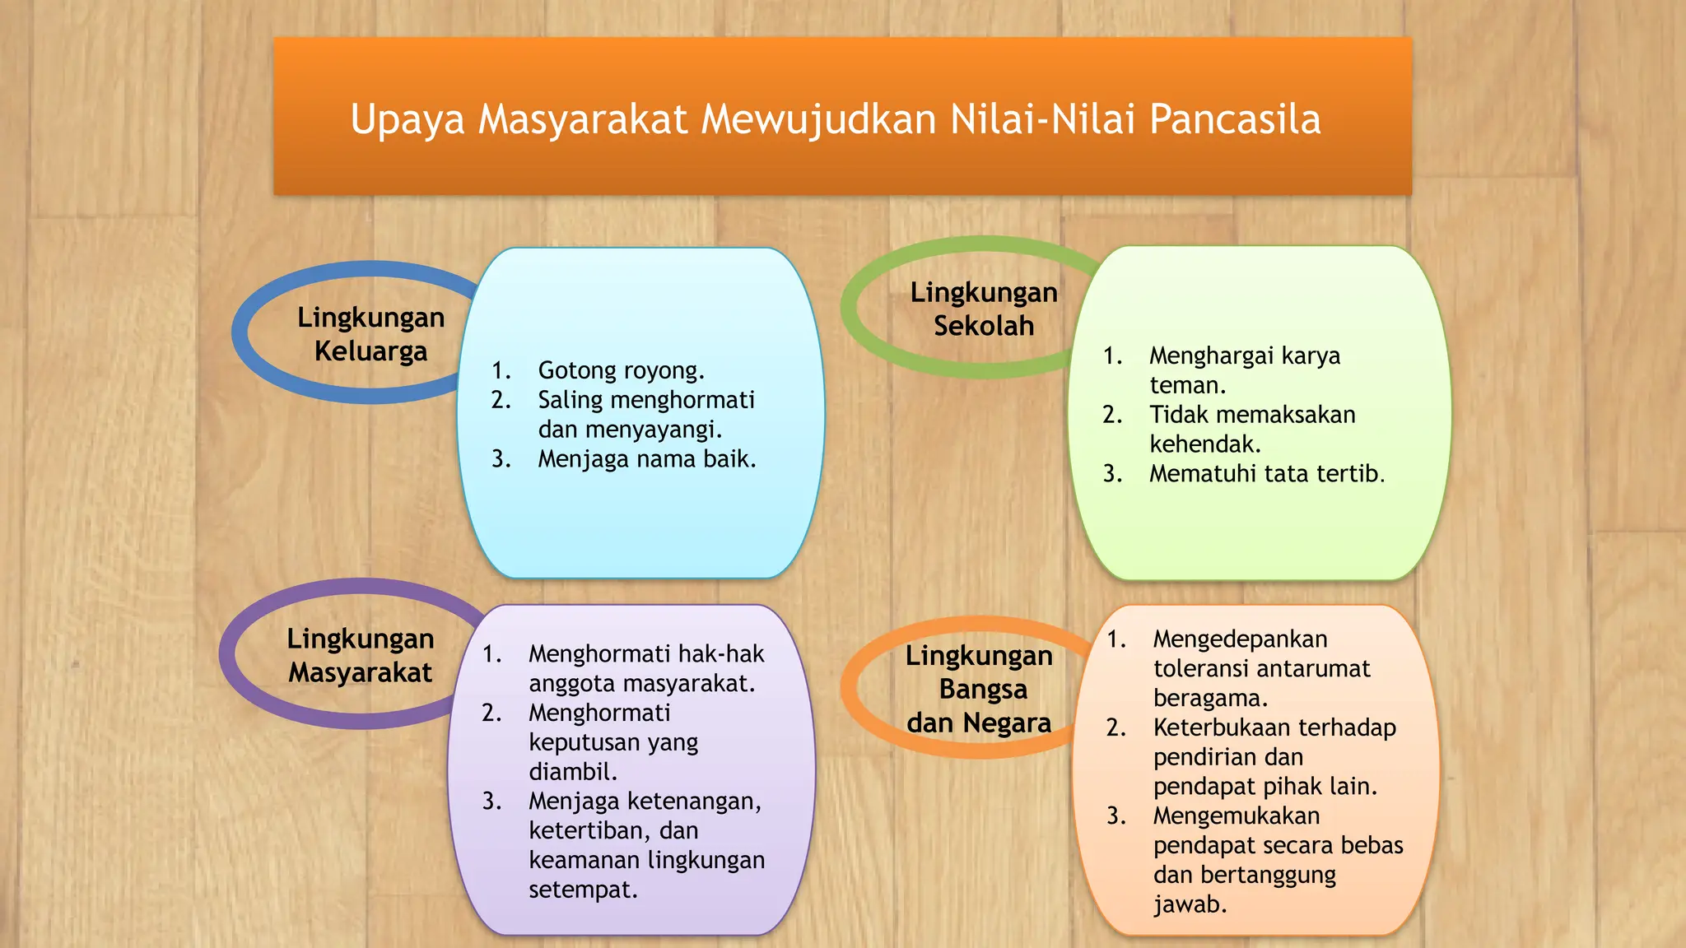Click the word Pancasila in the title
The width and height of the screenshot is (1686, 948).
[1235, 119]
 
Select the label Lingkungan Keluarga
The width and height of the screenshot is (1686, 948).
[370, 334]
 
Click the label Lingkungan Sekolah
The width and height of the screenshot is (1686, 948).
[984, 309]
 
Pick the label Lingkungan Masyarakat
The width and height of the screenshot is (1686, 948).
[360, 655]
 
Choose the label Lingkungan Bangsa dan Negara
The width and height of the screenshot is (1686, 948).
[979, 689]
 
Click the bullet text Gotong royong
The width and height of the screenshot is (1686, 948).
[621, 370]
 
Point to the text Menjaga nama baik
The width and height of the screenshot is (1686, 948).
[646, 458]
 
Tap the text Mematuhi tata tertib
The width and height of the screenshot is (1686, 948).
[1266, 473]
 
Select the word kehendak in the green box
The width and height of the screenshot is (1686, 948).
[1204, 444]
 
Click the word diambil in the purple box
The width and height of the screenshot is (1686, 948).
[572, 772]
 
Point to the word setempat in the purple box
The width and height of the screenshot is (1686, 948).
[582, 890]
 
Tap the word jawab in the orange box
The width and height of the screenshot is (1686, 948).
[1189, 904]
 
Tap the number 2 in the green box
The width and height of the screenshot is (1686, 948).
[1111, 415]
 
